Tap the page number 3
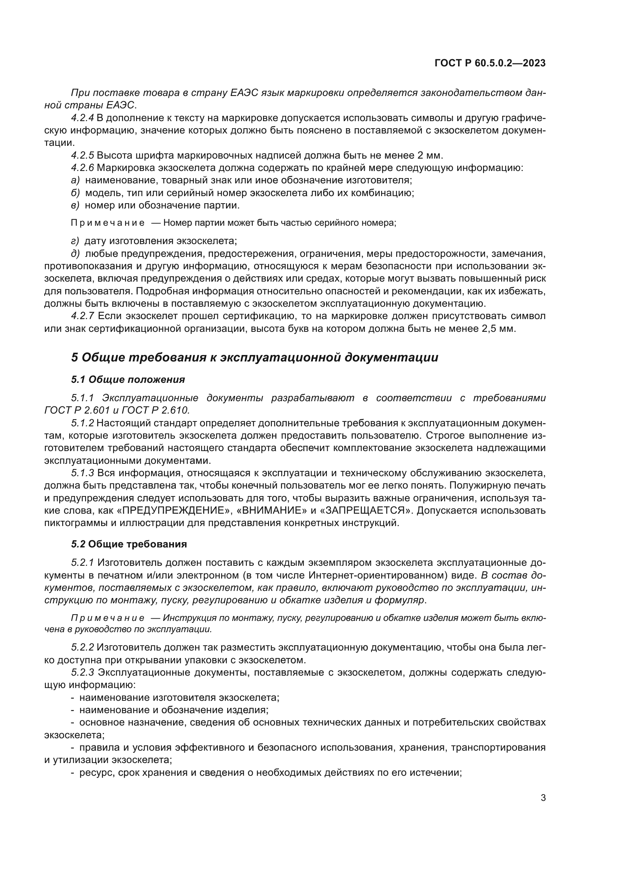(x=543, y=798)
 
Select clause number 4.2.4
(x=82, y=118)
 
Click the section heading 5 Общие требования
(x=254, y=358)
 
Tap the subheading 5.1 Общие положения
(x=128, y=380)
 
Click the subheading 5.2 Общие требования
(x=129, y=544)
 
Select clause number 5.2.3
(x=82, y=673)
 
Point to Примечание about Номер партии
(x=108, y=223)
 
